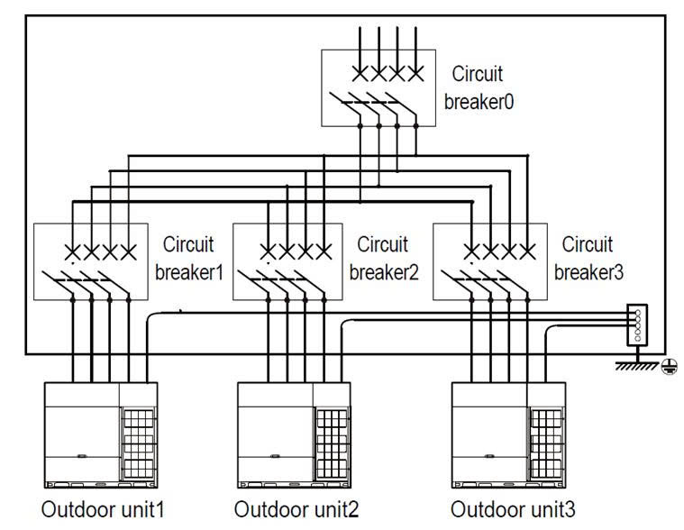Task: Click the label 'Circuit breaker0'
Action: coord(479,88)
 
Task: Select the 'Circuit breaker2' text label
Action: coord(383,259)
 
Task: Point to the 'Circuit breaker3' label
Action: coord(587,259)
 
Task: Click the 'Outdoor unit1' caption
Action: coord(102,509)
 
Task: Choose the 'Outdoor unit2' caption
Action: coord(296,509)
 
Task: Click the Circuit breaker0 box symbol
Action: coord(379,88)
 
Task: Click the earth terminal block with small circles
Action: coord(638,324)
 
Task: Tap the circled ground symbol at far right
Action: coord(668,365)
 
